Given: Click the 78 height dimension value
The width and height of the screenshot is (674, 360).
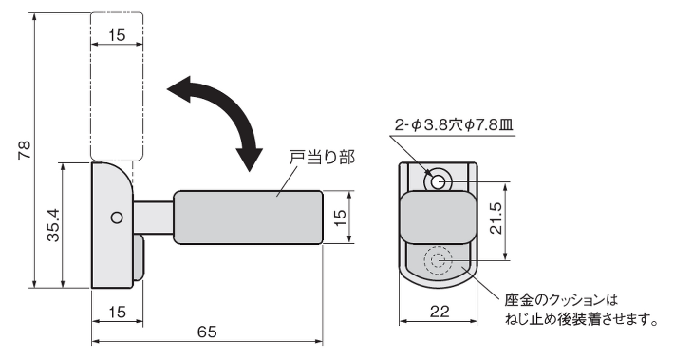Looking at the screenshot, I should click(x=25, y=149).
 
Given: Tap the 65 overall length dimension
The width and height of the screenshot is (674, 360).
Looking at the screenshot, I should click(x=208, y=332).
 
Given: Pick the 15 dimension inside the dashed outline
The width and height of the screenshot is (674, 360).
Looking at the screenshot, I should click(x=117, y=35).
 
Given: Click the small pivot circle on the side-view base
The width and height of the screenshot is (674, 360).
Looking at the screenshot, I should click(x=116, y=218).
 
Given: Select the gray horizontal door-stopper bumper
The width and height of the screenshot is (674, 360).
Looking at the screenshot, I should click(x=249, y=218).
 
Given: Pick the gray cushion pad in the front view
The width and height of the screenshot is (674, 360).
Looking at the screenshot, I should click(x=436, y=216).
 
